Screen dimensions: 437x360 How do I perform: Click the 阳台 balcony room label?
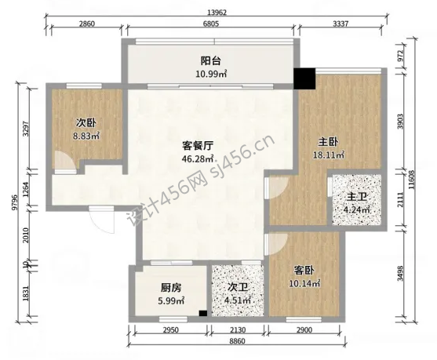211,60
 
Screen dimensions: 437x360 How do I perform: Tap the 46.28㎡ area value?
198,158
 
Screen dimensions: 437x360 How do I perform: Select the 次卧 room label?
86,123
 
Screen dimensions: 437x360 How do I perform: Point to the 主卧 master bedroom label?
328,142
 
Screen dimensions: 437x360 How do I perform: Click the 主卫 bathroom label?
356,197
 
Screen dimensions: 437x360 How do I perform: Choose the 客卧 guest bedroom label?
304,271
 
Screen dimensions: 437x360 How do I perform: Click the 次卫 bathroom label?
238,287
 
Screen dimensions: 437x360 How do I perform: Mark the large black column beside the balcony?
304,78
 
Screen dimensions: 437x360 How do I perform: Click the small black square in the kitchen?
203,313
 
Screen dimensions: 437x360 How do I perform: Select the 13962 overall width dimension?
217,13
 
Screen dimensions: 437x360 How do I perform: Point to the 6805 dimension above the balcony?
211,24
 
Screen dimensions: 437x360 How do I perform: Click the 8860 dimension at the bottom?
238,341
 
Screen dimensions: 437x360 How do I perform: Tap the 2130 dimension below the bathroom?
238,330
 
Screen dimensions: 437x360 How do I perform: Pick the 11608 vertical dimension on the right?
412,180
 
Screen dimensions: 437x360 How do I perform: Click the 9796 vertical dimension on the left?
16,202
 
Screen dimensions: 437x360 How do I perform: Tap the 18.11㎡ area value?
328,155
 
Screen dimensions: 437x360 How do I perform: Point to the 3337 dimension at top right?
340,24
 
